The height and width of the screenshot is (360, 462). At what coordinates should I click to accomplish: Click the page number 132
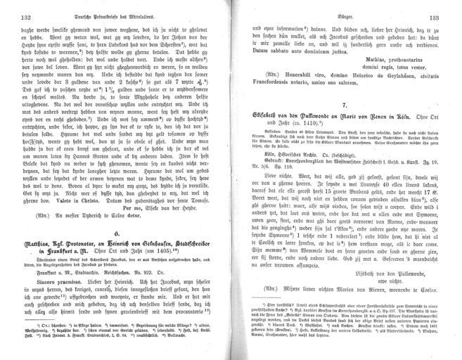click(29, 18)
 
